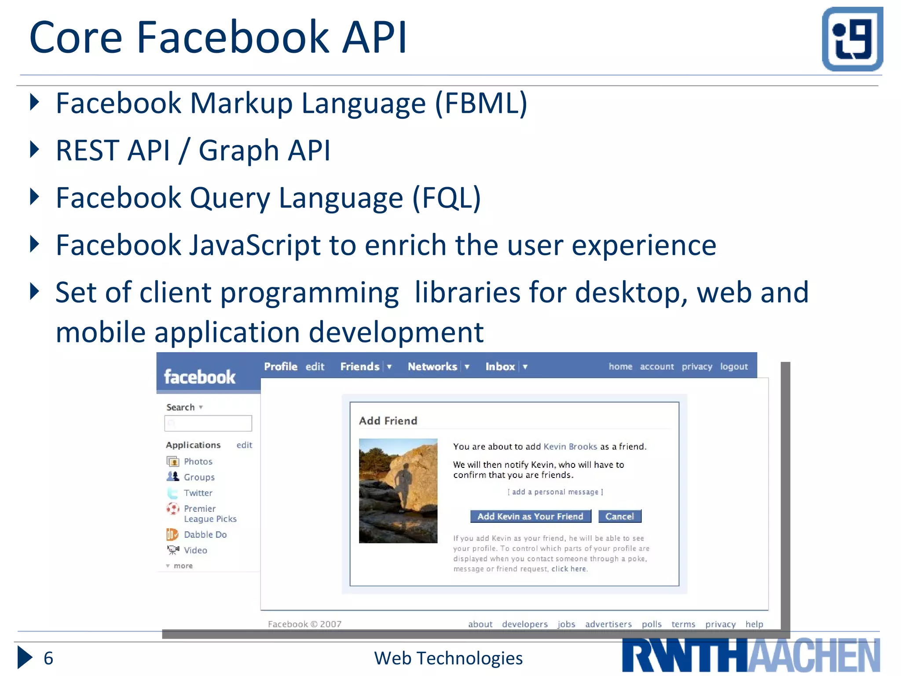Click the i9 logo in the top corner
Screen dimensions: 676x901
(852, 39)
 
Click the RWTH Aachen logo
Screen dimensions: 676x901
(751, 655)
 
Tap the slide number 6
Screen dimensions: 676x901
(48, 658)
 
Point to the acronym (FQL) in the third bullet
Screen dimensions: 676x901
(446, 198)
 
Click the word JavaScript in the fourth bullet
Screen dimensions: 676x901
(255, 245)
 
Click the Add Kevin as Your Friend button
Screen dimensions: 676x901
(530, 516)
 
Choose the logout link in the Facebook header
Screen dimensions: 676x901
(733, 367)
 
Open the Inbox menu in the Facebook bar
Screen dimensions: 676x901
(500, 367)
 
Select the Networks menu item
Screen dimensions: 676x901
(432, 367)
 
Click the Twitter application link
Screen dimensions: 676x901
(198, 493)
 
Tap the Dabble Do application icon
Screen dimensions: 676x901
(172, 534)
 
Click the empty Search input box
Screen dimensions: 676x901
(208, 423)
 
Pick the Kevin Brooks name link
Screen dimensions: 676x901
(570, 447)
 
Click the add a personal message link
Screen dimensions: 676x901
(555, 492)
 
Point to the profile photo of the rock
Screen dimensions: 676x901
(398, 491)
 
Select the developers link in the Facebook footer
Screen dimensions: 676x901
(525, 624)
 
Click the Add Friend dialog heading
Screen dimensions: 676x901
(388, 421)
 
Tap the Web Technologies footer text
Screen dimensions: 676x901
(448, 658)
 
